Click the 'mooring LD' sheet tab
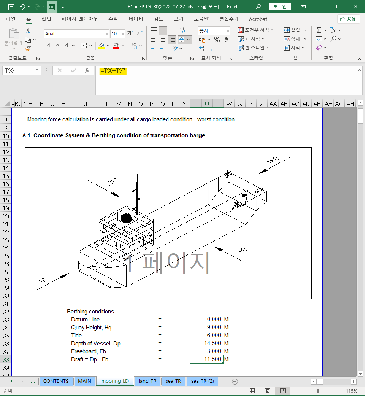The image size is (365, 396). (115, 381)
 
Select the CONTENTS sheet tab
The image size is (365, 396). (56, 381)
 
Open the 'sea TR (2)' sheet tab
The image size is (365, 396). (202, 381)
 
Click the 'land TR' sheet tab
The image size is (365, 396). (148, 381)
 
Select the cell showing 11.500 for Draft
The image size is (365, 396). (207, 359)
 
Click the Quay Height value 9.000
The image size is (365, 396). (214, 327)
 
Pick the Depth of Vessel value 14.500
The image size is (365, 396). (213, 343)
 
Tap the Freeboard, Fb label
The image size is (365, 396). (88, 351)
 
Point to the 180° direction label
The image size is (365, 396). (273, 160)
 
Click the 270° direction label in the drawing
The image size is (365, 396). (111, 182)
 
